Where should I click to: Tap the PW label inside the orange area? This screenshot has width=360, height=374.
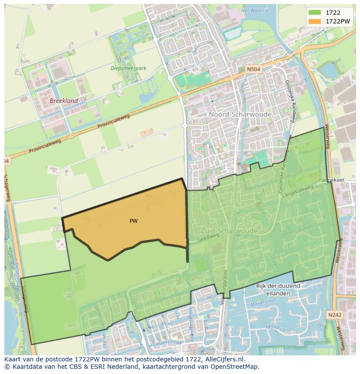point(133,221)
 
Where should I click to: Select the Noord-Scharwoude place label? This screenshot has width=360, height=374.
point(240,114)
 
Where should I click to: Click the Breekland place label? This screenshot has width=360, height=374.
point(64,101)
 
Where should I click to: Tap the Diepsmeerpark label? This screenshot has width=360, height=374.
point(128,68)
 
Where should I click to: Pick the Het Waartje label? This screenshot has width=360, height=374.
point(255,10)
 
